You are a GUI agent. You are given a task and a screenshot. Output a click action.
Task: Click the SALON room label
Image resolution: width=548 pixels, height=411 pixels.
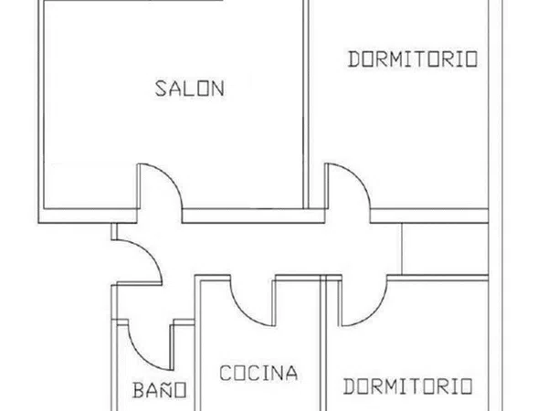tap(189, 89)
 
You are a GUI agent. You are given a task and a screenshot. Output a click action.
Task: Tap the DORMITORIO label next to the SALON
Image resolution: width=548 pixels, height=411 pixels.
tap(413, 59)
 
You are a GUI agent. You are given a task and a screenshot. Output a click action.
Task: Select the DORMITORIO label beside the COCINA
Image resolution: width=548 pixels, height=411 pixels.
tap(408, 386)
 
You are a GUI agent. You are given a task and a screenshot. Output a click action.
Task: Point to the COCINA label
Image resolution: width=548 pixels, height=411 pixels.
tap(258, 373)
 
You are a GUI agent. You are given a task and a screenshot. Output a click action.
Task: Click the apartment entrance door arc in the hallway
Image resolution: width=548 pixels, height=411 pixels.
tap(149, 252)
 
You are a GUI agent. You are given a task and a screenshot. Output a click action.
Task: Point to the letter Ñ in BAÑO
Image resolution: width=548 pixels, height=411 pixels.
tap(166, 389)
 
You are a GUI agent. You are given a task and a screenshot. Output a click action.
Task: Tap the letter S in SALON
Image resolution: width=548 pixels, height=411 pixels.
tap(160, 89)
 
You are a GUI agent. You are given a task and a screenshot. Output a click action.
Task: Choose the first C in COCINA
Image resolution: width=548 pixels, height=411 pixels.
tap(226, 373)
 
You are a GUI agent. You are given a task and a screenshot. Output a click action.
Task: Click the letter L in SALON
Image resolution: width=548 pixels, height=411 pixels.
tap(189, 89)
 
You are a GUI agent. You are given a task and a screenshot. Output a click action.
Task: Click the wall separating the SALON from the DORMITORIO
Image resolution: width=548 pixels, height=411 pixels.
tap(306, 104)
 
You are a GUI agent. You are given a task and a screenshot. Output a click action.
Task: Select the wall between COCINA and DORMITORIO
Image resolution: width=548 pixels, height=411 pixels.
tap(323, 342)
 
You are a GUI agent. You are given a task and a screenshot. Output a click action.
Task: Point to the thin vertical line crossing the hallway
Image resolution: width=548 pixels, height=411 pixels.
tap(402, 248)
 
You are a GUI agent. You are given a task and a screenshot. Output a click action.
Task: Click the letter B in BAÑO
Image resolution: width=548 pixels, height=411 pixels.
tap(139, 390)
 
